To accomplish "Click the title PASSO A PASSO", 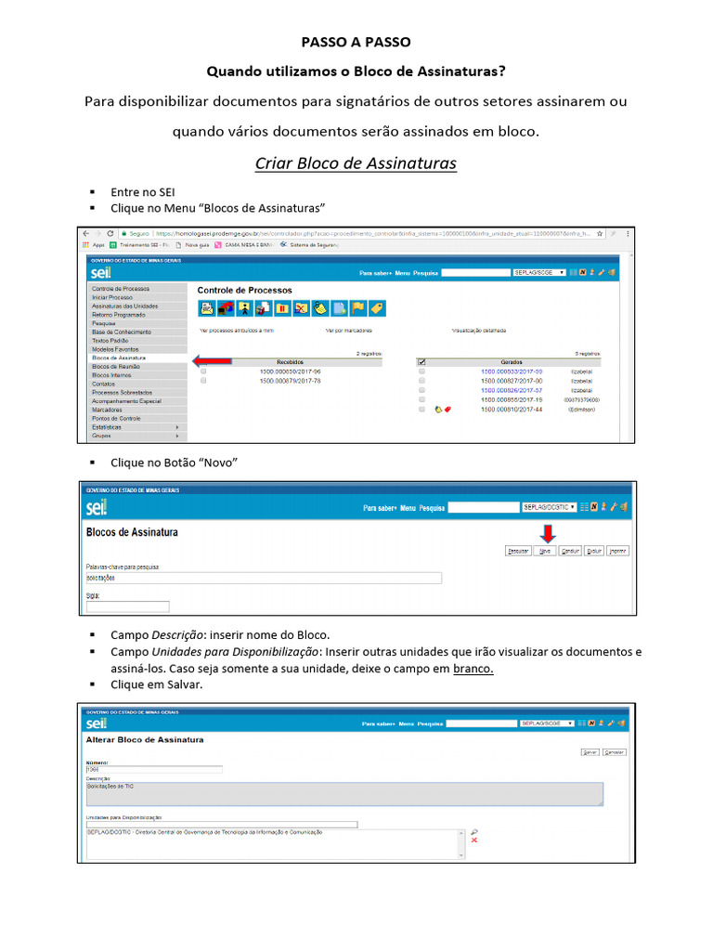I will point(356,43).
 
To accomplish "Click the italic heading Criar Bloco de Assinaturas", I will point(356,163).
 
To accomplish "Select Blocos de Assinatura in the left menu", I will point(119,358).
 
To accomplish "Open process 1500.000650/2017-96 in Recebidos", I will point(290,371).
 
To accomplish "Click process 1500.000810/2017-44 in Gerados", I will point(512,410).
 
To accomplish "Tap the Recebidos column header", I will point(290,362).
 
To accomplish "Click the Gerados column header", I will point(512,362).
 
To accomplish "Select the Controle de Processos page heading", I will point(244,291).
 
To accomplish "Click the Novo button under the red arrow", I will point(546,551).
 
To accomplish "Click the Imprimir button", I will point(617,551).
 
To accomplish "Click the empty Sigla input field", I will point(127,606).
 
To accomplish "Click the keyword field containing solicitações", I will point(263,578).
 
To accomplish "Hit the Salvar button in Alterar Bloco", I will point(589,752).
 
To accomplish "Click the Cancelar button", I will point(615,752).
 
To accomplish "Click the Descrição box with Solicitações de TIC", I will point(344,793).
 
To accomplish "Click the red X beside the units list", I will point(474,840).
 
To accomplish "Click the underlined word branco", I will point(473,669).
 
